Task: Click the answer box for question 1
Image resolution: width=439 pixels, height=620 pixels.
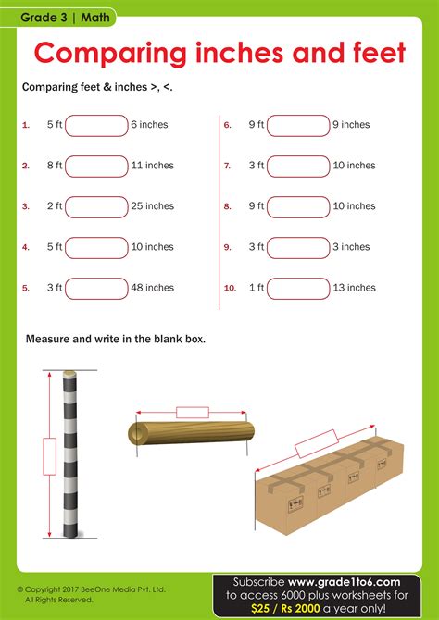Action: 96,125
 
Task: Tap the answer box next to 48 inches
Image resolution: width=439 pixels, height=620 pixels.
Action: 96,288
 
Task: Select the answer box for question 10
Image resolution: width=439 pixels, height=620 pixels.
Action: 297,288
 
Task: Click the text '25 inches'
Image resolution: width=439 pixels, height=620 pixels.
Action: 153,206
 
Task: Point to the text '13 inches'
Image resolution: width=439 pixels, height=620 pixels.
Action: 354,288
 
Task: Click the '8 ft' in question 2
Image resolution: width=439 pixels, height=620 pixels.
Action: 54,166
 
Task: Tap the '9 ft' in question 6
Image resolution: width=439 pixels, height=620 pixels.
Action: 257,125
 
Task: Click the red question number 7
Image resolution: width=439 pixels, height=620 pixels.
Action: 227,166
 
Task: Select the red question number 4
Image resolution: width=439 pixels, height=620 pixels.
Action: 26,247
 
